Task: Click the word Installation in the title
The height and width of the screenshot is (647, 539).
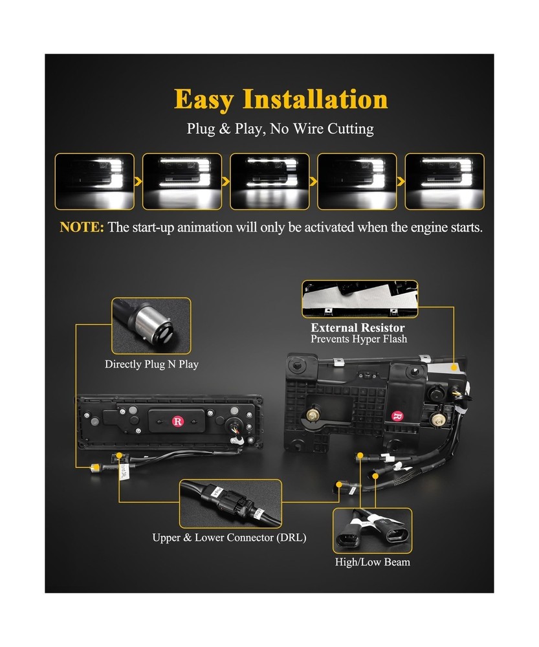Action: pyautogui.click(x=315, y=100)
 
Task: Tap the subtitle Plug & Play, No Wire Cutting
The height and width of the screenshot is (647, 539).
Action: pyautogui.click(x=280, y=129)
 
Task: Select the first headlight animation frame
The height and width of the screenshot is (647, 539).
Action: pyautogui.click(x=94, y=181)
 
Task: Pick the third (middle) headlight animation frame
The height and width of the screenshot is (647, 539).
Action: pyautogui.click(x=269, y=181)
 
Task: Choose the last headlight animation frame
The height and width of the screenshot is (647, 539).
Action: pyautogui.click(x=444, y=181)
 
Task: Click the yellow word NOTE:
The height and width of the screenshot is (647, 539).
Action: pyautogui.click(x=82, y=228)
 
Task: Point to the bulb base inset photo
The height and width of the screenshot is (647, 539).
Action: pyautogui.click(x=151, y=325)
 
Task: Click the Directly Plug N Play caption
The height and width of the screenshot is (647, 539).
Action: pyautogui.click(x=151, y=364)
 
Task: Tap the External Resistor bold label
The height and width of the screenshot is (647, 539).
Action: pyautogui.click(x=358, y=328)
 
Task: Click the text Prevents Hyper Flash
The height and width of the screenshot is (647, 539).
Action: pyautogui.click(x=358, y=339)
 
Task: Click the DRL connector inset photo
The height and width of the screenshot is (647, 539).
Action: pyautogui.click(x=230, y=503)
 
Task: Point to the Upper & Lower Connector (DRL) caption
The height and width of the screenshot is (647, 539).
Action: pyautogui.click(x=229, y=538)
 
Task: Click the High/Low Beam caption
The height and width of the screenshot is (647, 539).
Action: pyautogui.click(x=372, y=562)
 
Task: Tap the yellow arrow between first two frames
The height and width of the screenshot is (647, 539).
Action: pyautogui.click(x=138, y=182)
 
